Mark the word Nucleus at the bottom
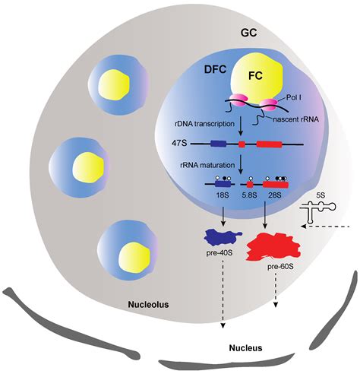point(246,347)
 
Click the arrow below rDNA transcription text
point(240,125)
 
